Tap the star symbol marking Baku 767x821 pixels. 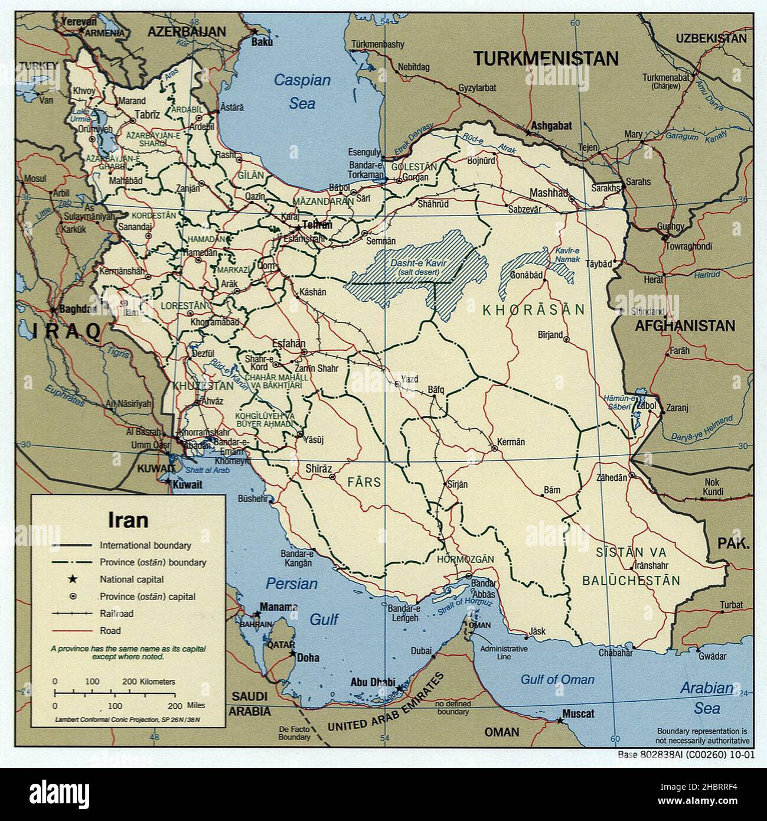pos(255,31)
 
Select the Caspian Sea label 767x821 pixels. pos(302,92)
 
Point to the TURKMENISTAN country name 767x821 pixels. pos(546,58)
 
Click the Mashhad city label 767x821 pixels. pos(548,193)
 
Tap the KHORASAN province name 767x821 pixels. pos(533,309)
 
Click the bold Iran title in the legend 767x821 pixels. pos(128,520)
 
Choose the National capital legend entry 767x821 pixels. pos(132,579)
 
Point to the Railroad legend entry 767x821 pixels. pos(116,613)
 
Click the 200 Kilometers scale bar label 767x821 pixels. pos(148,681)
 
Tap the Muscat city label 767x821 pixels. pos(579,714)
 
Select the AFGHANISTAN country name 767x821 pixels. pos(685,325)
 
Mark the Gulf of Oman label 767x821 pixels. pos(557,679)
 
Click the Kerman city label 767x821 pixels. pos(511,442)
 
